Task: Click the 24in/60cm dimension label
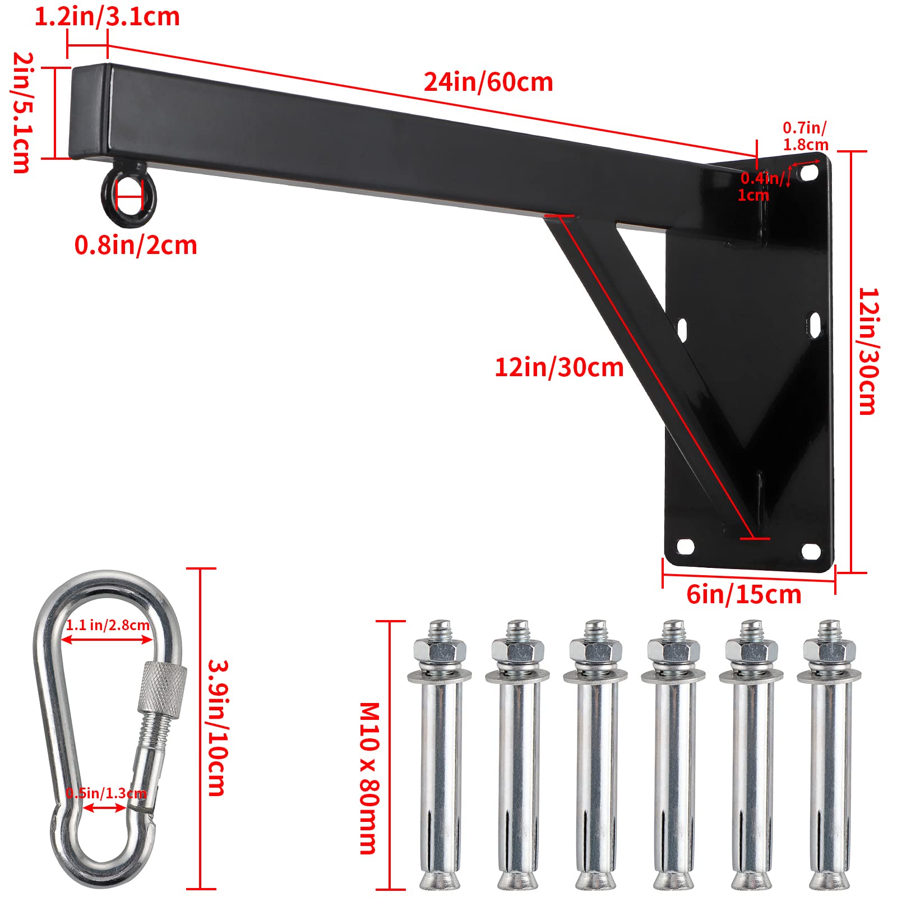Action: point(488,82)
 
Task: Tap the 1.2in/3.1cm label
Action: point(107,17)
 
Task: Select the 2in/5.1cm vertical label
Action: point(22,112)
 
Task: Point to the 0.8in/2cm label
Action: point(136,246)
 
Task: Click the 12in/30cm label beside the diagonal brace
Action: point(558,368)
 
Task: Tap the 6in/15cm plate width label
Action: point(743,595)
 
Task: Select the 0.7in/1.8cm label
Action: point(805,137)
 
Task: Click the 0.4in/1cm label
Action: point(761,187)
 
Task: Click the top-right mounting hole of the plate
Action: point(808,173)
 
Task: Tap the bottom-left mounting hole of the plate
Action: point(685,545)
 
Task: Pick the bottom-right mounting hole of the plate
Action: point(811,551)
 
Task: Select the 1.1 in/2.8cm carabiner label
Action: point(108,625)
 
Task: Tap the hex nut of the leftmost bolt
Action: point(440,651)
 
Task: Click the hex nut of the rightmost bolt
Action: point(829,651)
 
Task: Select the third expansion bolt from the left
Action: point(596,757)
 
